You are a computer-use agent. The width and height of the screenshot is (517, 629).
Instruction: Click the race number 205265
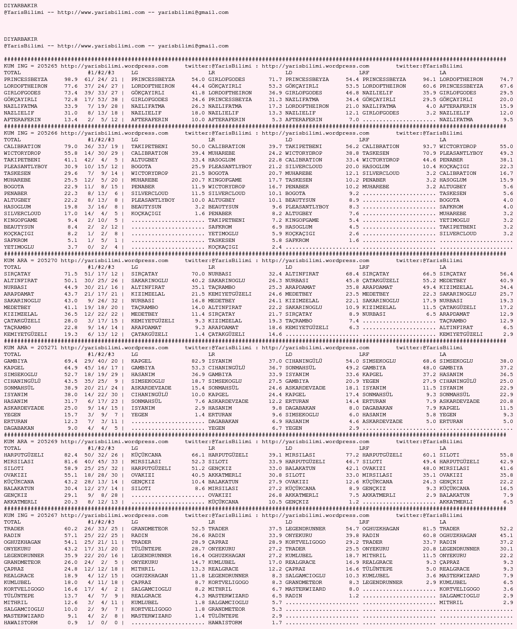[47, 66]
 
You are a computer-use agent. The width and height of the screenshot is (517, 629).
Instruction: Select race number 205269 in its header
[47, 442]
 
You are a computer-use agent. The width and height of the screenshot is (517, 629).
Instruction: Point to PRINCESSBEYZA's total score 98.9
[71, 80]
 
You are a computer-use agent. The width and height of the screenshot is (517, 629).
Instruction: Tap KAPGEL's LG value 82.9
[198, 361]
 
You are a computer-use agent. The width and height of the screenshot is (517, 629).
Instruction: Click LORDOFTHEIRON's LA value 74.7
[506, 80]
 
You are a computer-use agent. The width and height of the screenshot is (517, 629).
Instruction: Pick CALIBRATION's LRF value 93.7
[429, 147]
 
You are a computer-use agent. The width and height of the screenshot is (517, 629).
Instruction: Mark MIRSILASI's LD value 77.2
[352, 455]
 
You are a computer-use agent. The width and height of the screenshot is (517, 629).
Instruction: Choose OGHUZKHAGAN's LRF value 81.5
[429, 529]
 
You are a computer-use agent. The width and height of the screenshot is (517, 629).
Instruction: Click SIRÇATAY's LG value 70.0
[198, 274]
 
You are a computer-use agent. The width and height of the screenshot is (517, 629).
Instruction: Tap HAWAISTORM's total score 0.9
[73, 623]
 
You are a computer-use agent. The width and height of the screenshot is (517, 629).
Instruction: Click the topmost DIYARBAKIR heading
[21, 6]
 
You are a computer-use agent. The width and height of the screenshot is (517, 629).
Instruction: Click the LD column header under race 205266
[289, 140]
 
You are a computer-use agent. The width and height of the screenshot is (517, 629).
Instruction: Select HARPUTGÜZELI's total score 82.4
[71, 455]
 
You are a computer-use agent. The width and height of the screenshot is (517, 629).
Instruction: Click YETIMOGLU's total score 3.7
[73, 247]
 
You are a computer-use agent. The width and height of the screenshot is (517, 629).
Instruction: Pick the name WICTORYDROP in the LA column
[458, 147]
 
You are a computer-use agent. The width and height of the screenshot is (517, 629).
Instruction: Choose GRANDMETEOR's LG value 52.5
[198, 529]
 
